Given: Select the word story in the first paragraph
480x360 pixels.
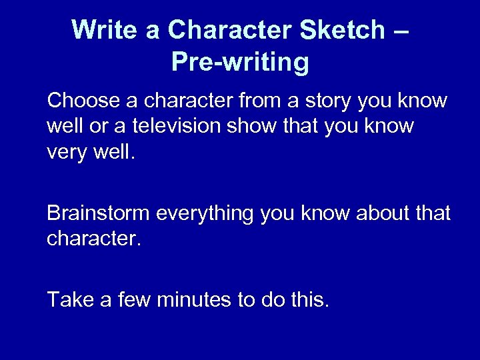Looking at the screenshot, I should [335, 101].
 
